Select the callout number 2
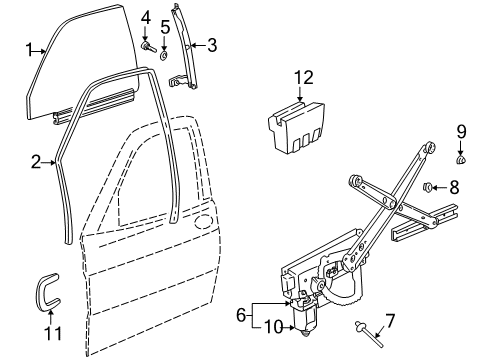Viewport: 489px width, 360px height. pos(36,160)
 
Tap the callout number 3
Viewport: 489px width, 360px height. pos(211,44)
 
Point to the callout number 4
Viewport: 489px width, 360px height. pos(146,17)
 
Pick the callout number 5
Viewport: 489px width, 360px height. pos(165,27)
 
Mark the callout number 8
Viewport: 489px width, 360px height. pos(454,186)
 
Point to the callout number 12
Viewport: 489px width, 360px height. pos(303,77)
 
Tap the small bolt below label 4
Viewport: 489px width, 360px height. pos(147,46)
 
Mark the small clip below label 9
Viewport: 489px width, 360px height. pos(461,158)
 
